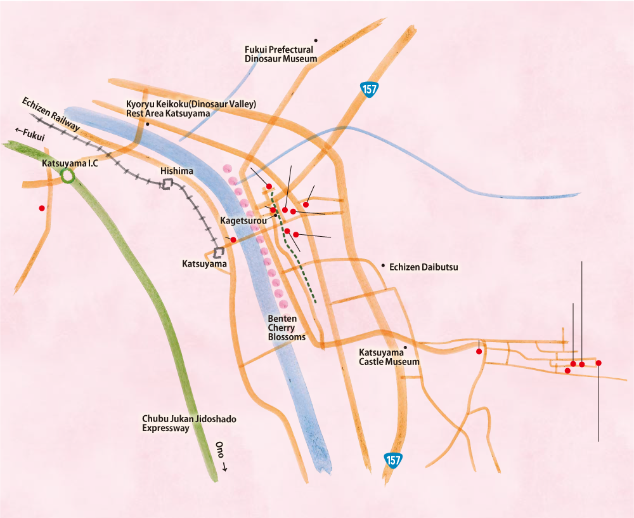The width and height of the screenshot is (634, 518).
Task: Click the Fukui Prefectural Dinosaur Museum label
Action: click(x=280, y=53)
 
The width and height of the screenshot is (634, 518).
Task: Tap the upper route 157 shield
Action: click(x=369, y=90)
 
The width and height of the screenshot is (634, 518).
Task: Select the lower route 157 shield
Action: click(x=393, y=461)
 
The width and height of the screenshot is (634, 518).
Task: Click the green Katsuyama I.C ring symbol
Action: click(x=67, y=176)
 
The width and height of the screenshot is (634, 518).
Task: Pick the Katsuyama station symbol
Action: click(x=220, y=252)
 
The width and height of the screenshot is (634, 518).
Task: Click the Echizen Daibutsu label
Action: click(x=424, y=268)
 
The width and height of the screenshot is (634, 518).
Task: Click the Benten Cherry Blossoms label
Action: click(x=287, y=328)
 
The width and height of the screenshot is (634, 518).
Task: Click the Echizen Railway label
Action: click(x=51, y=115)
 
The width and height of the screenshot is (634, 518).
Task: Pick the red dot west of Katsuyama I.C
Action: click(x=42, y=208)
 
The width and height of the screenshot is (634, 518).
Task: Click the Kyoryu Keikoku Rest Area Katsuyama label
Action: click(x=190, y=109)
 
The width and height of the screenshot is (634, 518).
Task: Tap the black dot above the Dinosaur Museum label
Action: click(x=316, y=40)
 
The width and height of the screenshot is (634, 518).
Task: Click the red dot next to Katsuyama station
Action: click(x=233, y=239)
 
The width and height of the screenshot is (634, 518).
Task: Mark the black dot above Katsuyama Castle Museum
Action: click(x=405, y=347)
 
